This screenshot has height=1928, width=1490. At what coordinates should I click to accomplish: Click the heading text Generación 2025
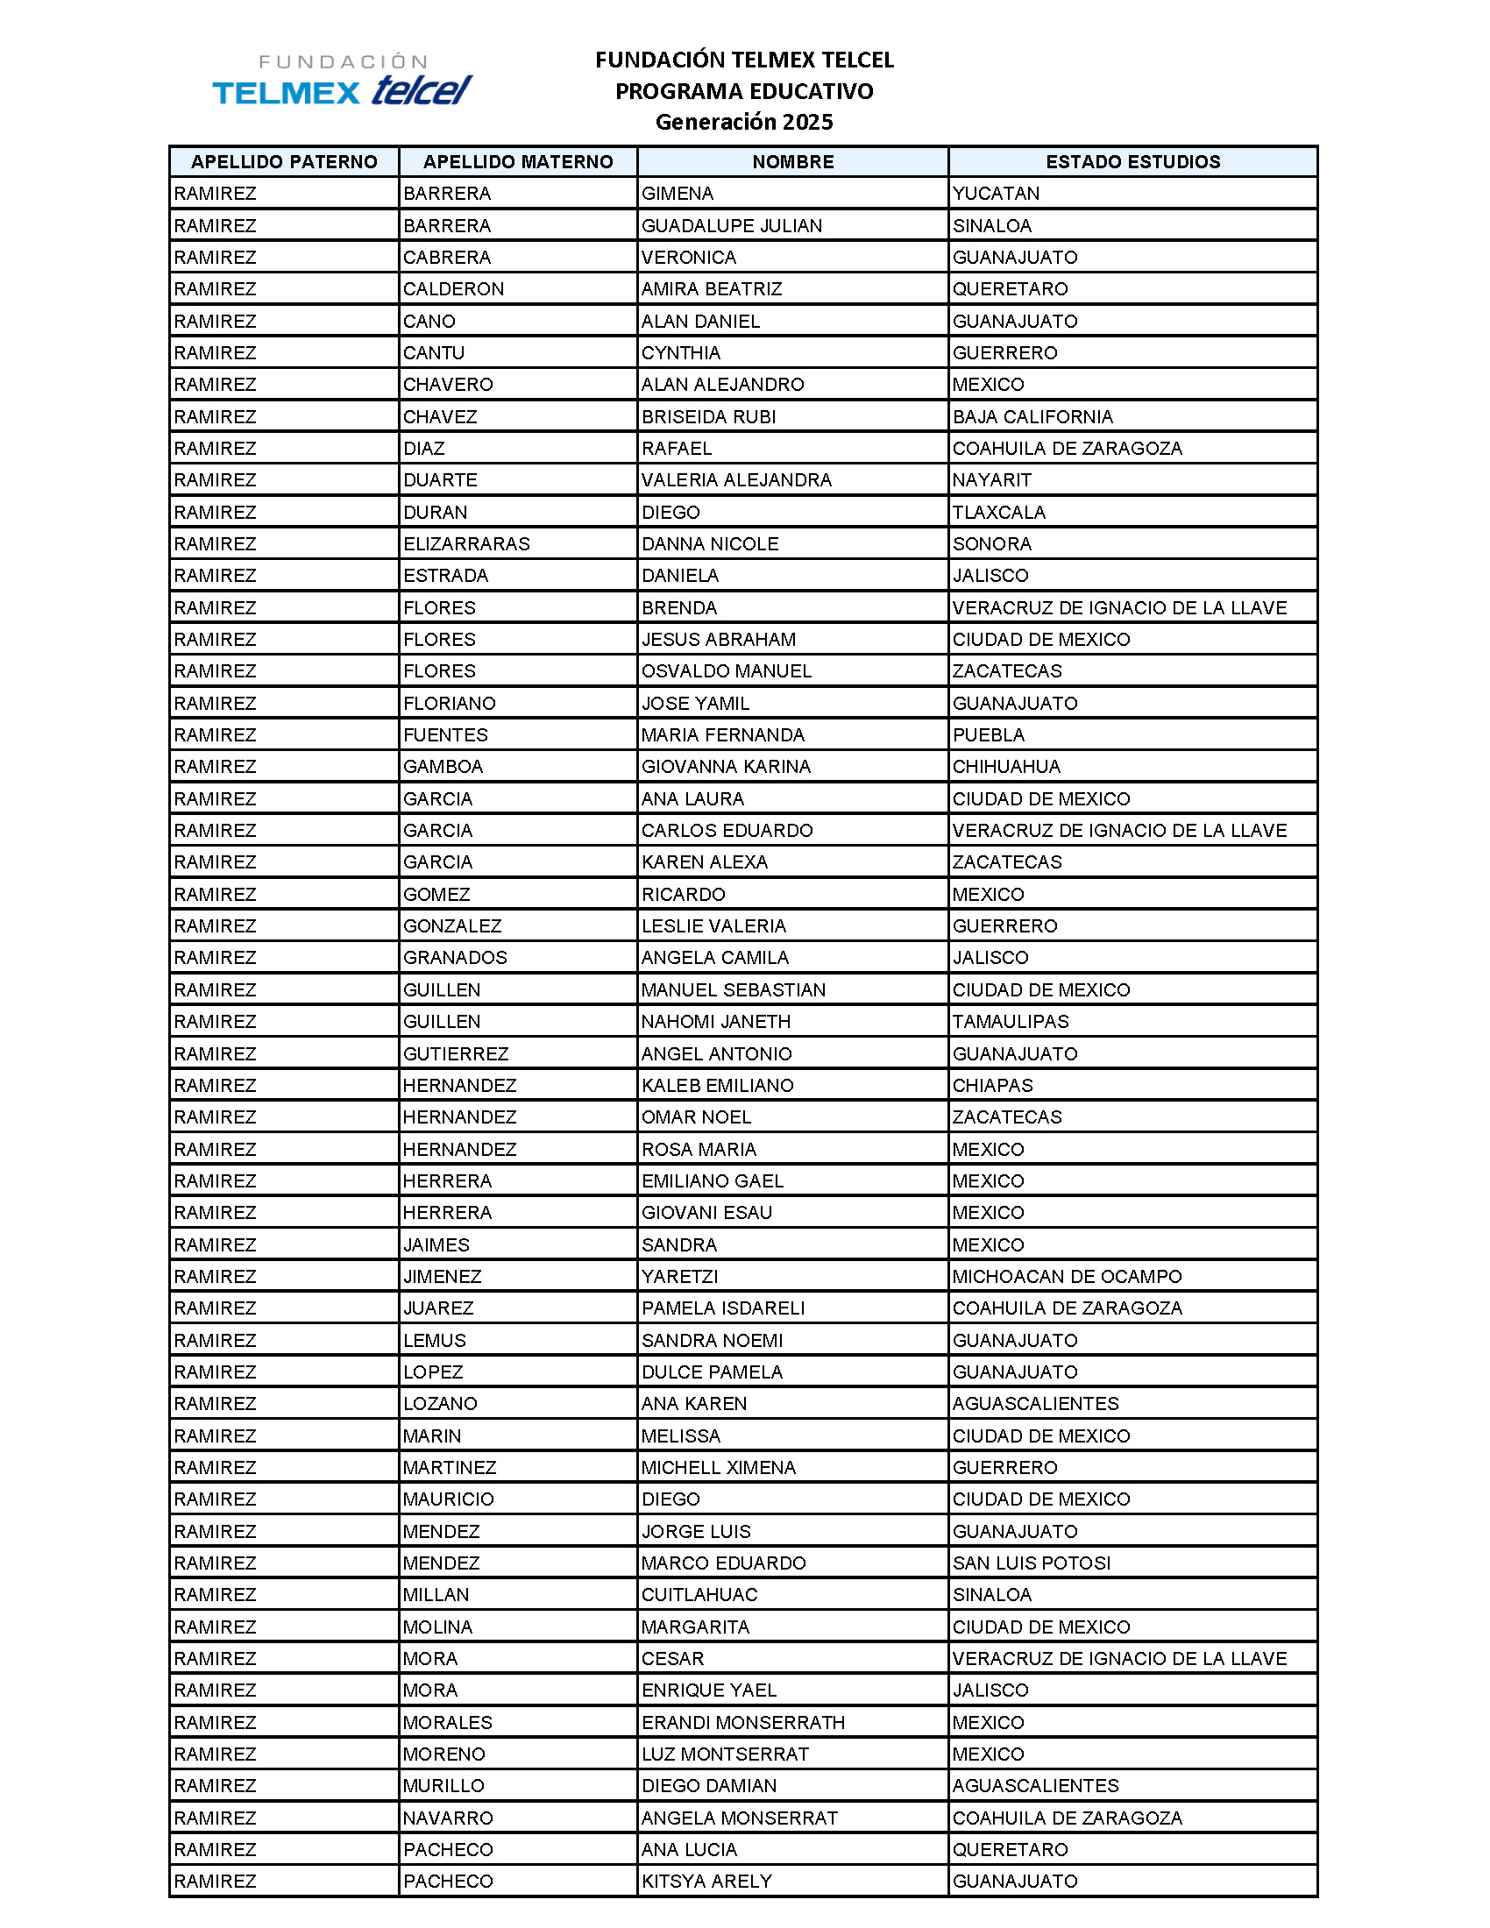click(743, 122)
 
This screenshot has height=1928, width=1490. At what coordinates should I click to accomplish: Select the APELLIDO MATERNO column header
click(518, 161)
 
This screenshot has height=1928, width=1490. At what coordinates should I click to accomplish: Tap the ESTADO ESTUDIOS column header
click(1132, 161)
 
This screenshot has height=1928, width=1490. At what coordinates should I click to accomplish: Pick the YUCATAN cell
click(996, 194)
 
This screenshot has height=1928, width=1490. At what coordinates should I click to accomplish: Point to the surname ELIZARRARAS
click(466, 544)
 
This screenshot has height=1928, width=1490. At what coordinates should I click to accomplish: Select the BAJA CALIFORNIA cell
click(1032, 416)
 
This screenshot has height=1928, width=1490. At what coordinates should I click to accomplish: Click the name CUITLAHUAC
click(699, 1594)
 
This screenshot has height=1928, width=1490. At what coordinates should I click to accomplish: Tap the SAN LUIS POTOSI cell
click(1031, 1563)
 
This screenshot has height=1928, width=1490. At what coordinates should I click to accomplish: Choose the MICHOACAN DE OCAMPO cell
click(1067, 1276)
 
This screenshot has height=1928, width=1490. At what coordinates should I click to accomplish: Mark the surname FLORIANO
click(450, 703)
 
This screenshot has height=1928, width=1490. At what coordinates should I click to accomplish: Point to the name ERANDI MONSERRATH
click(742, 1722)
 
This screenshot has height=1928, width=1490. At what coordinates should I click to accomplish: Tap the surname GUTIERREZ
click(456, 1053)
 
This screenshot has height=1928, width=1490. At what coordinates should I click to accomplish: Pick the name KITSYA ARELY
click(706, 1882)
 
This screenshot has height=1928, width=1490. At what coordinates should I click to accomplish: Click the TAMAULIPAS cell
click(1010, 1021)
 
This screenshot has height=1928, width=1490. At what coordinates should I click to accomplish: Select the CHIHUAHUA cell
click(1005, 766)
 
